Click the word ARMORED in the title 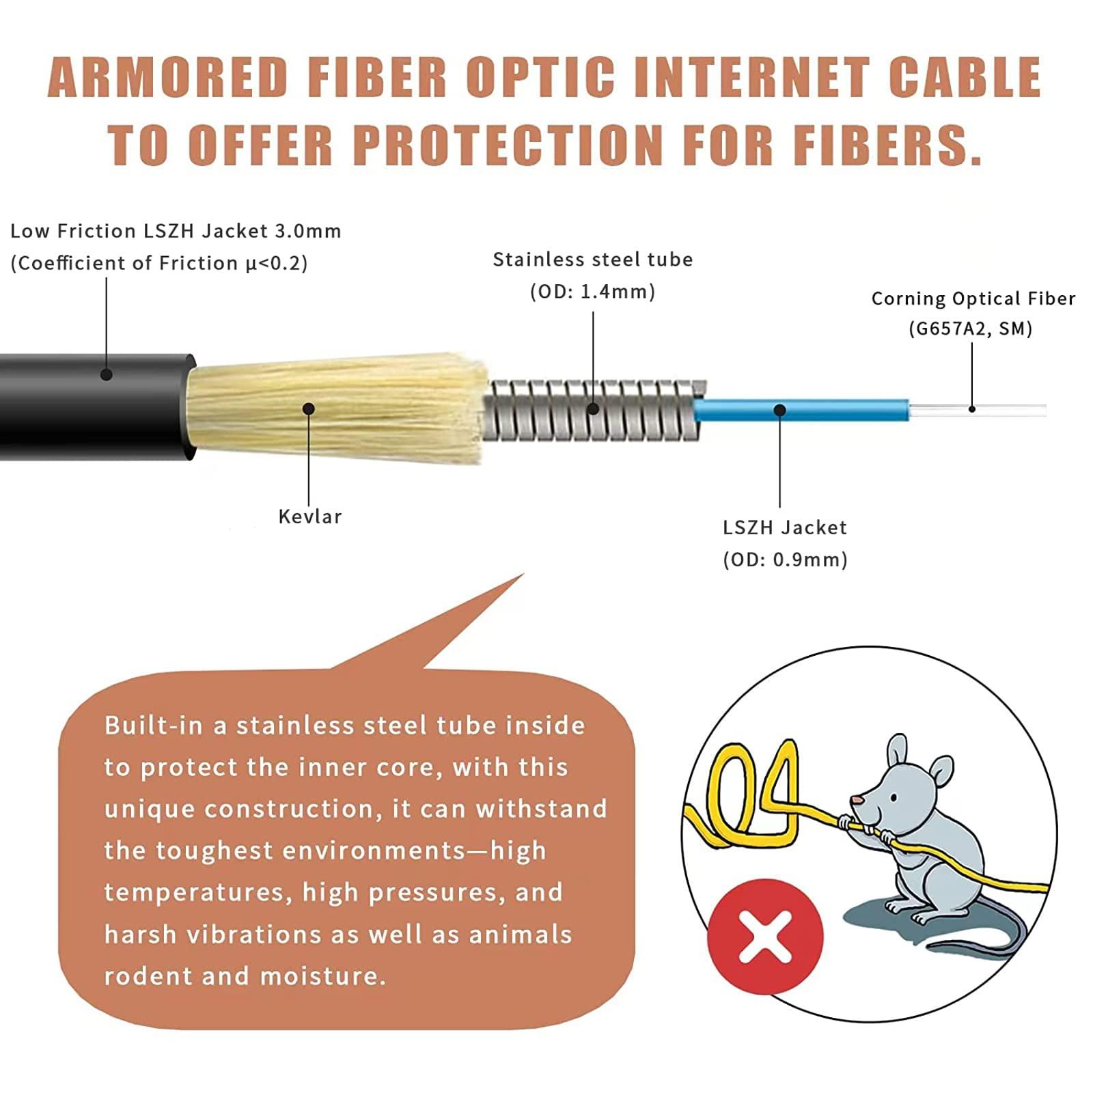pyautogui.click(x=168, y=77)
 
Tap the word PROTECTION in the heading pyautogui.click(x=508, y=145)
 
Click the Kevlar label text pyautogui.click(x=309, y=516)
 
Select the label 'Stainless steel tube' pyautogui.click(x=592, y=260)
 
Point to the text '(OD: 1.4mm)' pyautogui.click(x=592, y=292)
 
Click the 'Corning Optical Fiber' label pyautogui.click(x=973, y=299)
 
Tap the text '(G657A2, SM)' pyautogui.click(x=970, y=329)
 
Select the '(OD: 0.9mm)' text pyautogui.click(x=785, y=559)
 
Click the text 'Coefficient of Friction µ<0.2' pyautogui.click(x=158, y=263)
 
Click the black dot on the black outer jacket pyautogui.click(x=106, y=374)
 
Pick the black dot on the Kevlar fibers pyautogui.click(x=309, y=409)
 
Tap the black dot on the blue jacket pyautogui.click(x=779, y=410)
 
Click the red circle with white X pyautogui.click(x=764, y=937)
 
